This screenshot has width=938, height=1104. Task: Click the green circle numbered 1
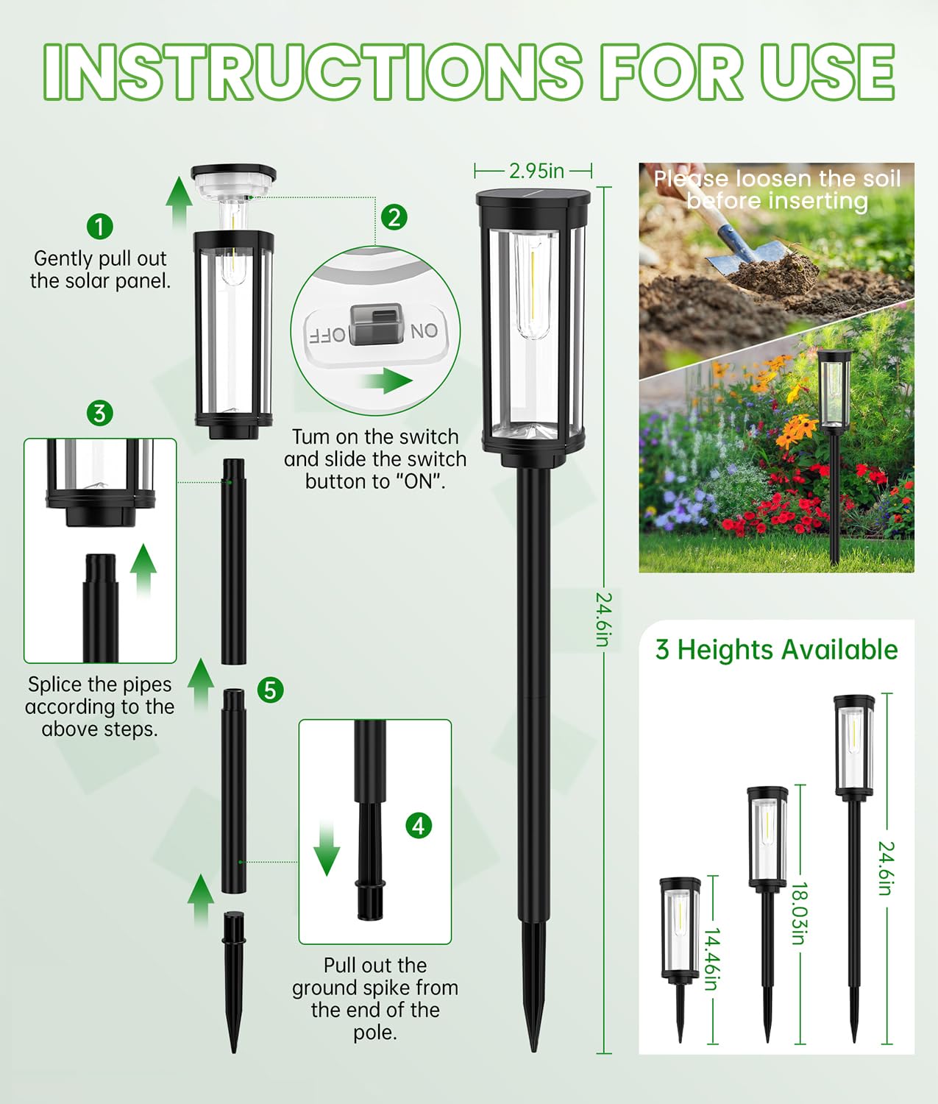tap(100, 226)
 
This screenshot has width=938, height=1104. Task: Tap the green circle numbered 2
tap(394, 217)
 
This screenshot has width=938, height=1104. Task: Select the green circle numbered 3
tap(100, 413)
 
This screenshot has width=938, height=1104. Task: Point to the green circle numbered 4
tap(419, 826)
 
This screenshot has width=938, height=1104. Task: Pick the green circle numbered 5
tap(271, 690)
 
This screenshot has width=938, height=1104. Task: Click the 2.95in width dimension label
tap(536, 171)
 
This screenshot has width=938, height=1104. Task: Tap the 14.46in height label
tap(711, 958)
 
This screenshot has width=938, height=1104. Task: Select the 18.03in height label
tap(800, 913)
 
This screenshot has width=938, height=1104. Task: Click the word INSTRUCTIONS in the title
tap(313, 71)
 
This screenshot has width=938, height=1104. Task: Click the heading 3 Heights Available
tap(776, 650)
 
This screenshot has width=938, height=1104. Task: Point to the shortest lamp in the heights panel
tap(680, 949)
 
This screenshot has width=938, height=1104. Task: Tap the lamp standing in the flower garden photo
tap(834, 442)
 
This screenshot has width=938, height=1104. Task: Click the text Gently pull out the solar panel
tap(100, 269)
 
